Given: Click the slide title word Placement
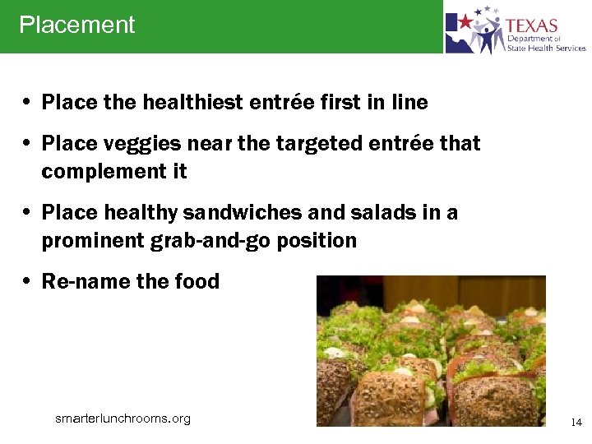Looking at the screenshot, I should tap(76, 25).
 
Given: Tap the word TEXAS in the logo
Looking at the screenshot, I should tap(531, 25).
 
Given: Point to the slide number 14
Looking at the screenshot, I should tap(576, 423).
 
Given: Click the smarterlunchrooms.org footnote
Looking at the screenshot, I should tap(123, 419).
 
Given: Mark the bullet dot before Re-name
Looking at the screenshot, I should tap(27, 282).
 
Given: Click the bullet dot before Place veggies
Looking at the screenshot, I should tap(27, 144).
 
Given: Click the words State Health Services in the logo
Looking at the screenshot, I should tap(546, 48).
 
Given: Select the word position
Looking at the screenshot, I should tap(317, 241).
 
